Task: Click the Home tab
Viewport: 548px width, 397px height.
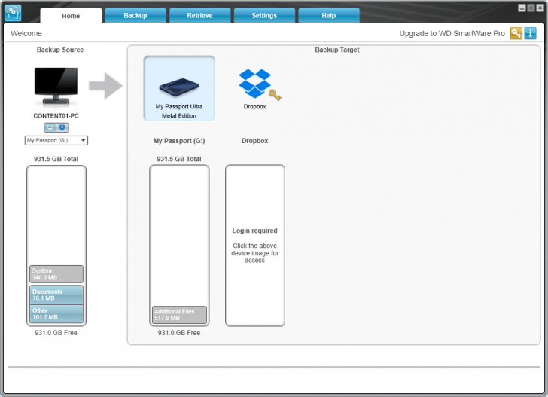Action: pyautogui.click(x=71, y=15)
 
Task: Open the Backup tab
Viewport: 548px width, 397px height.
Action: pyautogui.click(x=135, y=15)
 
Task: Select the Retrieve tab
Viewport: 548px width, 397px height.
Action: pyautogui.click(x=199, y=15)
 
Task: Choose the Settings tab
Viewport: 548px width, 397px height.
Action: pyautogui.click(x=264, y=15)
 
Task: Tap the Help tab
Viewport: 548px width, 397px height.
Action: pyautogui.click(x=328, y=15)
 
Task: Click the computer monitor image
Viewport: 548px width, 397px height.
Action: pyautogui.click(x=56, y=86)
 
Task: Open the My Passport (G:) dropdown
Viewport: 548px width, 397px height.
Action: pyautogui.click(x=56, y=140)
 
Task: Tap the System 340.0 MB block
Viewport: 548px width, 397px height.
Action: pyautogui.click(x=56, y=273)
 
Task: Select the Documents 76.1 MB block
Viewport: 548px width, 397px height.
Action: pyautogui.click(x=56, y=294)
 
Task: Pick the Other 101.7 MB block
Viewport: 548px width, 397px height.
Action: pyautogui.click(x=56, y=313)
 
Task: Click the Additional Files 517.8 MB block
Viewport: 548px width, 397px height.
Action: pyautogui.click(x=179, y=314)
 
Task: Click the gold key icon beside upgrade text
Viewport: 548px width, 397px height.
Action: pyautogui.click(x=516, y=33)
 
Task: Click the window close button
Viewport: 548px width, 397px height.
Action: pyautogui.click(x=540, y=7)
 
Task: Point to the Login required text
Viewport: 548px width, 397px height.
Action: pyautogui.click(x=254, y=231)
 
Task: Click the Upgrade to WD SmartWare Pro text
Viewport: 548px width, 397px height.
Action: pyautogui.click(x=452, y=34)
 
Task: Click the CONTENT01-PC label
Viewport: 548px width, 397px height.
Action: pyautogui.click(x=56, y=116)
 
